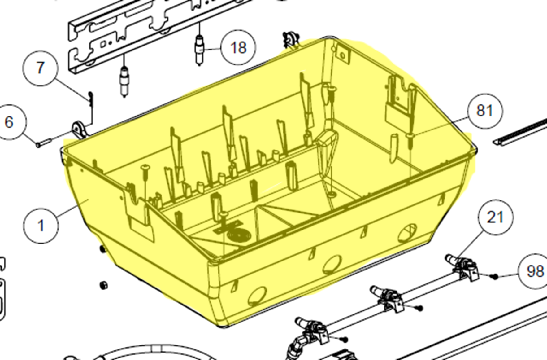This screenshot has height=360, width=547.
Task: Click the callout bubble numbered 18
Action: point(238,47)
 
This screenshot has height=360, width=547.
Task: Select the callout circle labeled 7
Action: point(40,68)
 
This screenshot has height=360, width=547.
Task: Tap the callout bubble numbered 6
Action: point(9,122)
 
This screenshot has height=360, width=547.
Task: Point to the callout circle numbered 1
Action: point(41,226)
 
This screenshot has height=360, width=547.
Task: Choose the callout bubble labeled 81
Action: point(485,111)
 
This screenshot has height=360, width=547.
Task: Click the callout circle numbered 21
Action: point(495,217)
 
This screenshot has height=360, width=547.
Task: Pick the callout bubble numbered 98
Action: point(535,271)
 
